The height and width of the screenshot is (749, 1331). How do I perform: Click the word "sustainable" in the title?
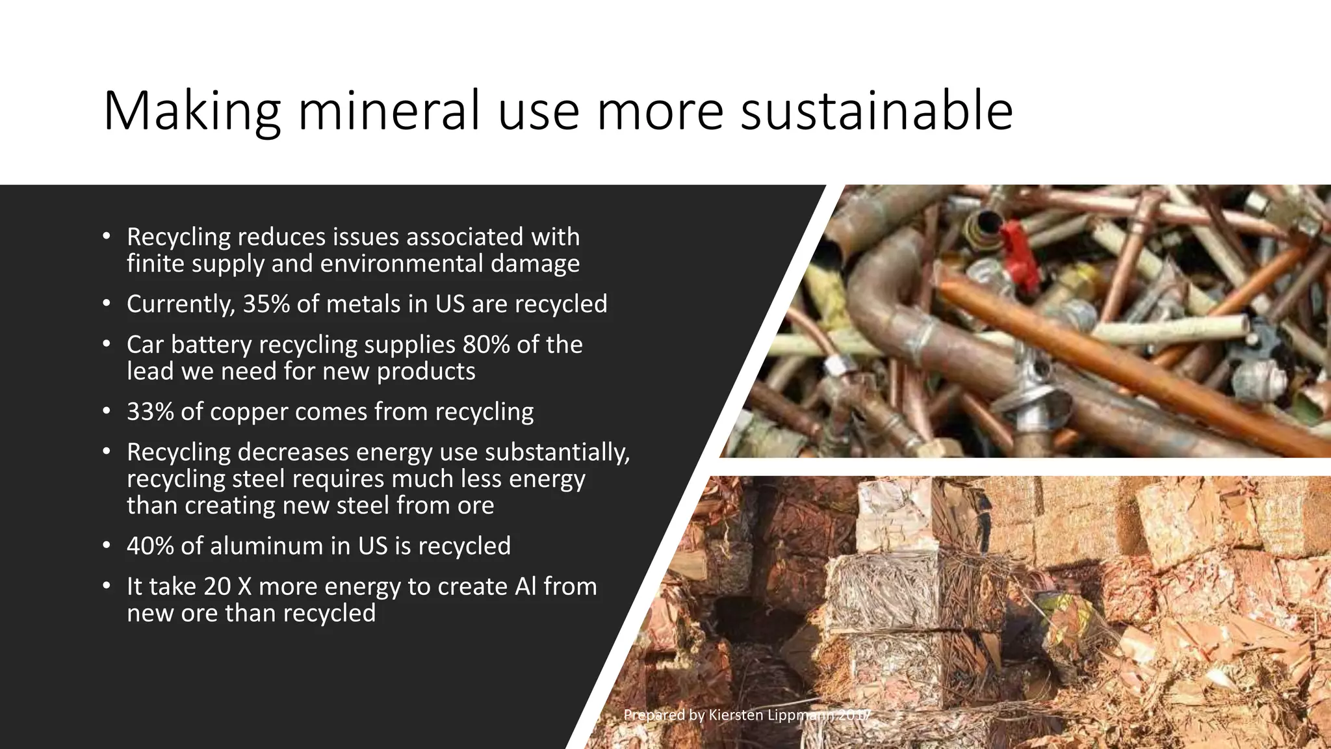click(x=877, y=111)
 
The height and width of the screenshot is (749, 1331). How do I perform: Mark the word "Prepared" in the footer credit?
click(x=654, y=715)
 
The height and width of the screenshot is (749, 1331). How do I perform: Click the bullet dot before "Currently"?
click(x=107, y=304)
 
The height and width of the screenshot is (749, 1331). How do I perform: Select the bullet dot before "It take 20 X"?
click(x=107, y=586)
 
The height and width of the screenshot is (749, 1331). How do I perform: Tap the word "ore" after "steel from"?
click(x=476, y=505)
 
